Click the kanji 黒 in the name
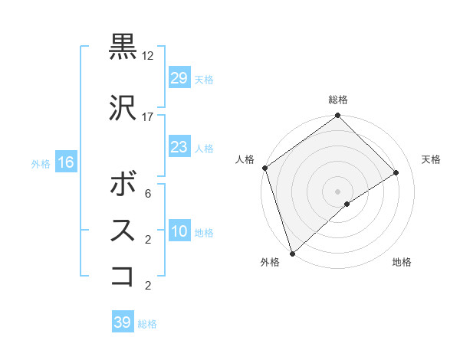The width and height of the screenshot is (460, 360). pos(123,47)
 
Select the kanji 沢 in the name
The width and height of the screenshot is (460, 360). pos(123,107)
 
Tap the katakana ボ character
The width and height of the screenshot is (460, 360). pos(123,184)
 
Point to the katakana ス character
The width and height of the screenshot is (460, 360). pos(123,230)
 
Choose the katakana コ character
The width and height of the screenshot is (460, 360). pos(123,277)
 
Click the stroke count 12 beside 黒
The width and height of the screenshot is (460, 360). pos(148,57)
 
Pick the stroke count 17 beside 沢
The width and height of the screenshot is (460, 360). pos(148,117)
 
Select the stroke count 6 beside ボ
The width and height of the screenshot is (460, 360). pos(147,195)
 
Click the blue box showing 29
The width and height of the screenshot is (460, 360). pos(179,78)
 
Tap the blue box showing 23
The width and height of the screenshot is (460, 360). pos(179,147)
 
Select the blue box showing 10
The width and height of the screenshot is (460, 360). pos(179,231)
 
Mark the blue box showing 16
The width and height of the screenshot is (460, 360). pos(65,162)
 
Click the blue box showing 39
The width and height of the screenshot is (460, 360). pos(122,322)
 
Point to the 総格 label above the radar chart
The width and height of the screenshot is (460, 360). pos(338,100)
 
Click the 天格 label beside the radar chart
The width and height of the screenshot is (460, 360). pos(431,159)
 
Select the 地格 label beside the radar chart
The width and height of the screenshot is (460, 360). pos(402,262)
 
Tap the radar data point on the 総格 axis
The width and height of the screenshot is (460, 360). pos(337,116)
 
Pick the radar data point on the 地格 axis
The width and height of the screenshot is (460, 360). pos(347,204)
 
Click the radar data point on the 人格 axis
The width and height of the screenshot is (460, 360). pos(264,168)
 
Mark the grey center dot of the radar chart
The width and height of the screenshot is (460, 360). pos(337,191)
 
